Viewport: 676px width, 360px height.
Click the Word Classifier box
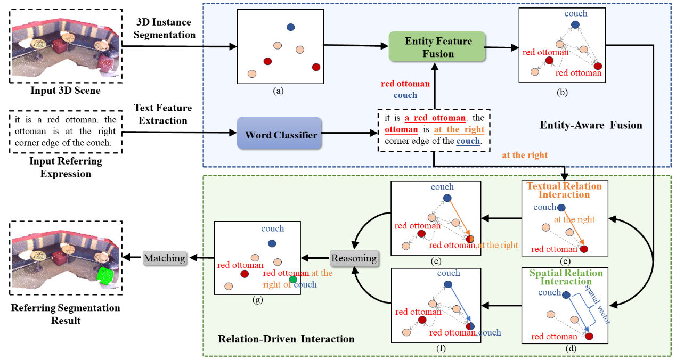coord(281,135)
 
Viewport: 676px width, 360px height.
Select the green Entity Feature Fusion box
coord(438,47)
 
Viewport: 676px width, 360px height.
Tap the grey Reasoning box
coord(354,258)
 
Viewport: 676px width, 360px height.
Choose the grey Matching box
coord(165,258)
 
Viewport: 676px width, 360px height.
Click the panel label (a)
coord(278,91)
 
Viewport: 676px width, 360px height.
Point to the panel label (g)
coord(257,300)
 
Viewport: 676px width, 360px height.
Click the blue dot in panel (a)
coord(290,27)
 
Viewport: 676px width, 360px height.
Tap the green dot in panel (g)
coord(292,280)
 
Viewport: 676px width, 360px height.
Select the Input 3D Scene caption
coord(65,91)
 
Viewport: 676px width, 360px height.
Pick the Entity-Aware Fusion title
coord(591,126)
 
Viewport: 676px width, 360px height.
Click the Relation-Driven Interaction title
coord(286,339)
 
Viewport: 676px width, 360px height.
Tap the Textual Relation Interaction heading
coord(564,190)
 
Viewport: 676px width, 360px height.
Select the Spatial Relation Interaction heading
coord(564,277)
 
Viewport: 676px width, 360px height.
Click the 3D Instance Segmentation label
coord(164,29)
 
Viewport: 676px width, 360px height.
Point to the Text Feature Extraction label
coord(163,114)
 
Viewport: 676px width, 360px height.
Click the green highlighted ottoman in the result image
coord(105,275)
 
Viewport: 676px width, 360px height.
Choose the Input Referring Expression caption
coord(66,167)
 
